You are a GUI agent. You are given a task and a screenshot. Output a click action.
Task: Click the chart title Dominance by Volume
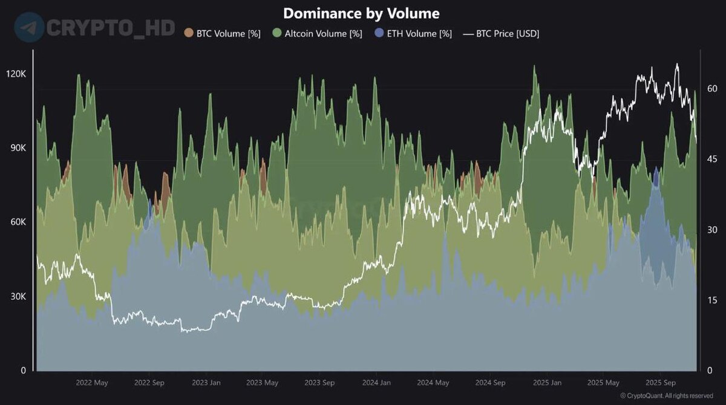click(361, 13)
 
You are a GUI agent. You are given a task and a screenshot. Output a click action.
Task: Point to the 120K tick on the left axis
click(15, 74)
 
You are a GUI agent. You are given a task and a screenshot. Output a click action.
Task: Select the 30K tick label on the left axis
click(16, 297)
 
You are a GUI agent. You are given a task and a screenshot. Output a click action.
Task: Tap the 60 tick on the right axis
click(712, 89)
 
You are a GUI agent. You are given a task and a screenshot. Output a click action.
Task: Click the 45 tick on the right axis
click(712, 160)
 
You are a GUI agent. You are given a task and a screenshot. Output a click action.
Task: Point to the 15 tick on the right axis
click(712, 300)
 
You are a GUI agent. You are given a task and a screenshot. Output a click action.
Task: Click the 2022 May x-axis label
click(92, 383)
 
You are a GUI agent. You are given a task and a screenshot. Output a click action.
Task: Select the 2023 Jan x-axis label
click(206, 383)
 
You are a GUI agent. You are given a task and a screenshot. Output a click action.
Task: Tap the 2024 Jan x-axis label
click(376, 383)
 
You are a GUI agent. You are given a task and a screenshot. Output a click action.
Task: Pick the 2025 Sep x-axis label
click(660, 383)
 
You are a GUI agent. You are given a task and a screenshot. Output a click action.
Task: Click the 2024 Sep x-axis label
click(490, 383)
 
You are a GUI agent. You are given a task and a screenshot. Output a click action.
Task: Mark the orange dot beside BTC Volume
click(189, 34)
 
